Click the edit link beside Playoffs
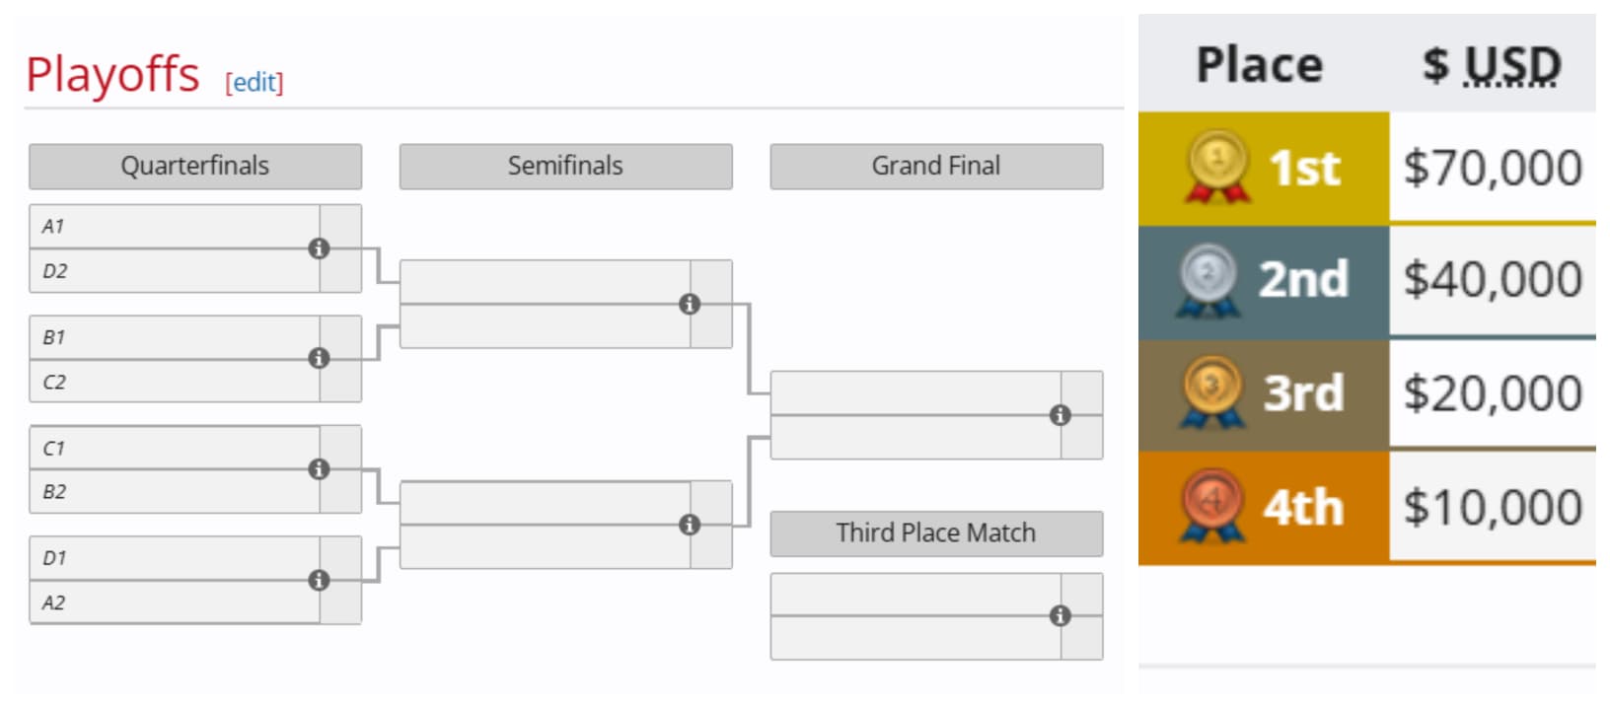(254, 82)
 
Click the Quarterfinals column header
(194, 166)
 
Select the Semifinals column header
(565, 166)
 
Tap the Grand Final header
(935, 166)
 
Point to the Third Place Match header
(935, 532)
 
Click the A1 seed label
(53, 227)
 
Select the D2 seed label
(54, 271)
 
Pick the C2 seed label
(54, 383)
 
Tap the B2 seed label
(54, 492)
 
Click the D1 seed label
(54, 558)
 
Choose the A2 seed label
(54, 603)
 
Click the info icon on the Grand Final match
(1060, 415)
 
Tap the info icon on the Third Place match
(1060, 616)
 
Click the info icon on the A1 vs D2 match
(319, 248)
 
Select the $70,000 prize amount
(1493, 168)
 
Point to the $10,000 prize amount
(1493, 508)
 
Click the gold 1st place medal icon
(1217, 167)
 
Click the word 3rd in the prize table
(1303, 393)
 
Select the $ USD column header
(1492, 65)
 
